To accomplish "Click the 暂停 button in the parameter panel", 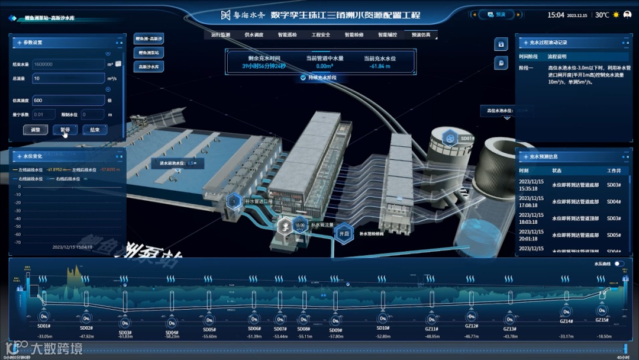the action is (x=64, y=130).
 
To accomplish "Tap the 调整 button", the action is (x=35, y=130).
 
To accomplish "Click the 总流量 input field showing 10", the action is (x=68, y=78).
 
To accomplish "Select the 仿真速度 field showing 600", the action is (x=68, y=101).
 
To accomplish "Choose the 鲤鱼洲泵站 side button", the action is (x=149, y=53).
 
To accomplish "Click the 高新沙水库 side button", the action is (x=149, y=67).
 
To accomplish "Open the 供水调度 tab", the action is (x=254, y=35).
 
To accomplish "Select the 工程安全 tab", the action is (x=321, y=35).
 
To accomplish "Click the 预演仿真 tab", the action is (x=421, y=35).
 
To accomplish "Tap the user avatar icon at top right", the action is (x=630, y=15).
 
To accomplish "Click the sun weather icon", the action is (x=616, y=15).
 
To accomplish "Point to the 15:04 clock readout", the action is (x=556, y=15).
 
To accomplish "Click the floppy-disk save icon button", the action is (x=501, y=44).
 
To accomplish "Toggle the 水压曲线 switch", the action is (x=619, y=263).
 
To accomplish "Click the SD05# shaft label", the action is (x=209, y=330).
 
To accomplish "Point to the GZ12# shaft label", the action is (x=471, y=326).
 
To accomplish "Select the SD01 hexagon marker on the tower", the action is (x=451, y=139).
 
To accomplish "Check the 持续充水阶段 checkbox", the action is (x=303, y=78).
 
